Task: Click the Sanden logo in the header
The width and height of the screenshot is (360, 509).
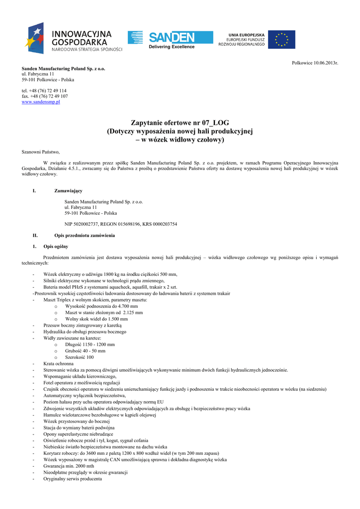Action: pyautogui.click(x=171, y=39)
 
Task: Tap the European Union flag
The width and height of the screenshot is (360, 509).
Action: pyautogui.click(x=281, y=39)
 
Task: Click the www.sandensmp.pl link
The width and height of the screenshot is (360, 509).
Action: pyautogui.click(x=41, y=102)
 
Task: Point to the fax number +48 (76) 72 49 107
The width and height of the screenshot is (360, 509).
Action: pyautogui.click(x=45, y=96)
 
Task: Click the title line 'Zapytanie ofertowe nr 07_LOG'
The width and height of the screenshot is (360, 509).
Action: pyautogui.click(x=180, y=122)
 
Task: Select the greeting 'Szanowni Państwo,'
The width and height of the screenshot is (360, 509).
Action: pyautogui.click(x=41, y=152)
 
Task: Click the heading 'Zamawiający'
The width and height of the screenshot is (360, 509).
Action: pyautogui.click(x=68, y=191)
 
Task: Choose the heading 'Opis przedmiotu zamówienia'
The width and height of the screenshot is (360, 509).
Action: pyautogui.click(x=85, y=235)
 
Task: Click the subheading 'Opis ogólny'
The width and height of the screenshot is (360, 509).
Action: pyautogui.click(x=56, y=246)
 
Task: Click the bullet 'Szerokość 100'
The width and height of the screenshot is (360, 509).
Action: pyautogui.click(x=79, y=357)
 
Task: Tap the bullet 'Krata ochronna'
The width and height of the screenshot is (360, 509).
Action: pyautogui.click(x=58, y=364)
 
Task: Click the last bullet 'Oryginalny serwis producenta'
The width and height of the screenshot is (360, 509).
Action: pyautogui.click(x=73, y=479)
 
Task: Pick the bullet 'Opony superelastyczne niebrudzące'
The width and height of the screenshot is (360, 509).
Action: pyautogui.click(x=78, y=434)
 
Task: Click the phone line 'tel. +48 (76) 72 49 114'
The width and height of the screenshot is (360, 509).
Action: pyautogui.click(x=44, y=90)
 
